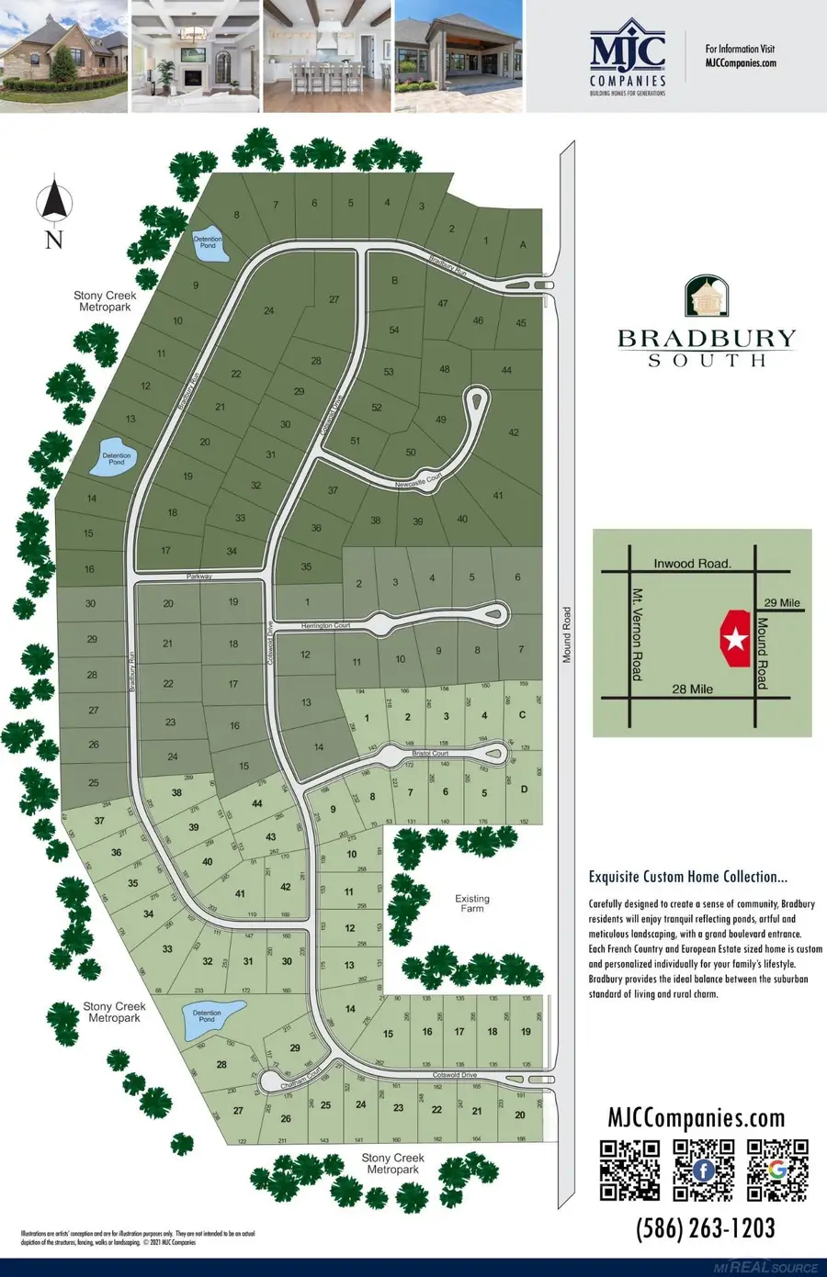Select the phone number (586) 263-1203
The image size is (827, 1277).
tap(705, 1228)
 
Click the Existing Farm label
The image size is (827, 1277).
tap(472, 903)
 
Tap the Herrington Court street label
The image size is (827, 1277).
tap(326, 625)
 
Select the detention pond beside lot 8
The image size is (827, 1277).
tap(209, 244)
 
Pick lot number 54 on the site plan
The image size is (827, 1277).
tap(394, 330)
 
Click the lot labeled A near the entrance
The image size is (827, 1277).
tap(523, 244)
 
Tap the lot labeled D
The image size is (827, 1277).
tap(524, 790)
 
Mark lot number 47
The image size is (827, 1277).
tap(443, 304)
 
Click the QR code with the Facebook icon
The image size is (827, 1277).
tap(704, 1170)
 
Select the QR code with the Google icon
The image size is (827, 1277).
tap(777, 1170)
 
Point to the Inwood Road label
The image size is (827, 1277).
tap(692, 563)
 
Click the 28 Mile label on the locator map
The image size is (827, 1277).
tap(692, 689)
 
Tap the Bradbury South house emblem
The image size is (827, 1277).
tap(707, 296)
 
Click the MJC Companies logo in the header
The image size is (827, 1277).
tap(629, 57)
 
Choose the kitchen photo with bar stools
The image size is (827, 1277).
tap(326, 57)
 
